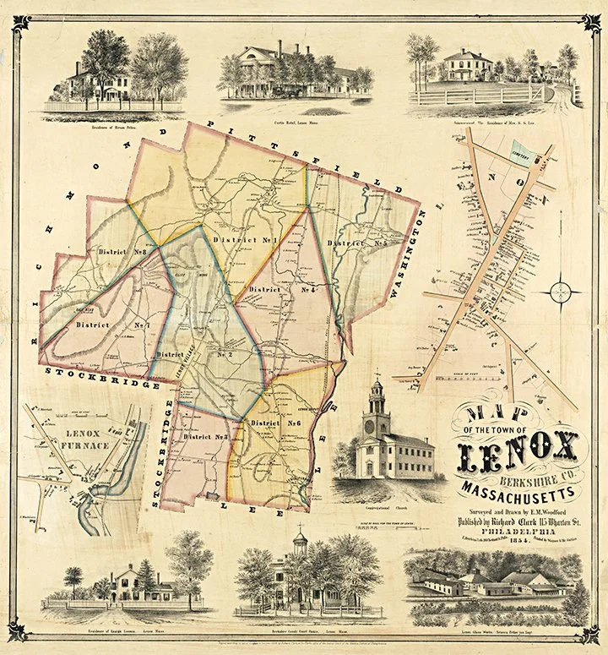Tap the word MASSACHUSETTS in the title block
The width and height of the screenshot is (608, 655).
518,489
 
